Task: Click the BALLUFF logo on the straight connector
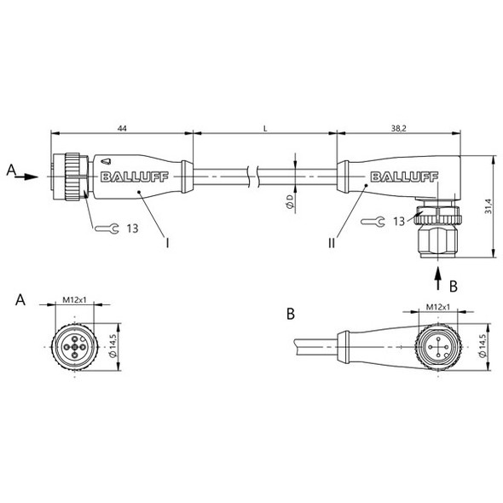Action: point(127,177)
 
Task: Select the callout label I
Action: point(168,243)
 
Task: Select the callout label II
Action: point(331,243)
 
